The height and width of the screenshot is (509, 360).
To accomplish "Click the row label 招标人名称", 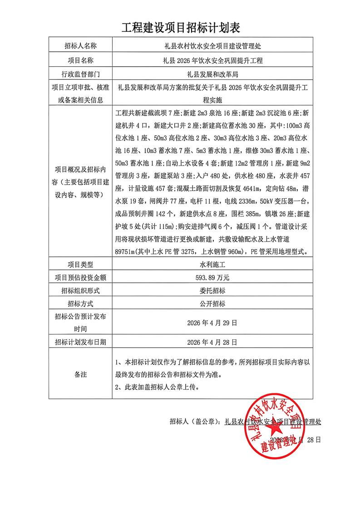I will click(80, 46).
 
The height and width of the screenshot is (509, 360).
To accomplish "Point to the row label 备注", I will click(80, 375).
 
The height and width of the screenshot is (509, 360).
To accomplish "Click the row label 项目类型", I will click(80, 264).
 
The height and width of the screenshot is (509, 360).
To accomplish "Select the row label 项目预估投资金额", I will click(80, 277).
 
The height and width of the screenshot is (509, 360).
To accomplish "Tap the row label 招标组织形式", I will click(80, 290).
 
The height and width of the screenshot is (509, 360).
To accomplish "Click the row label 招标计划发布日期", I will click(80, 342).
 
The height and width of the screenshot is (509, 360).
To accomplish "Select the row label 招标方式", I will click(80, 304).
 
